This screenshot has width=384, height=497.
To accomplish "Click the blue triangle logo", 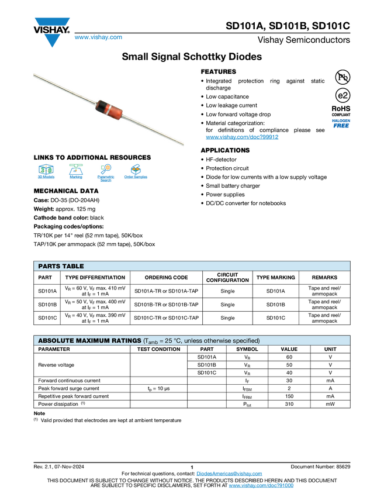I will point(53,40).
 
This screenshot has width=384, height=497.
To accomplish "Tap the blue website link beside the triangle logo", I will point(98,38).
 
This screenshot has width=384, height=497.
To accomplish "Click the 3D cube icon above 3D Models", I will point(46,169).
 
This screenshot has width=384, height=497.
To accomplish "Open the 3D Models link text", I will point(46,177).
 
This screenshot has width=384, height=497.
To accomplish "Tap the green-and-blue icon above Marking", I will point(76,168).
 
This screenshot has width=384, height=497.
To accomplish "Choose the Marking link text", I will point(76,177).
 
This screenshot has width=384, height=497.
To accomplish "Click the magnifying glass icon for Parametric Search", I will point(106,168).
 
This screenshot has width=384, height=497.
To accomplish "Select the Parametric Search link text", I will point(106,178).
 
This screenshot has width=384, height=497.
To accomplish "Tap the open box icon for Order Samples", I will point(136,168).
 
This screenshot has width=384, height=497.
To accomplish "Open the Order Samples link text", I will point(136,177).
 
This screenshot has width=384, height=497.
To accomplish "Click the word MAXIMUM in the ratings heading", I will point(95,341).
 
